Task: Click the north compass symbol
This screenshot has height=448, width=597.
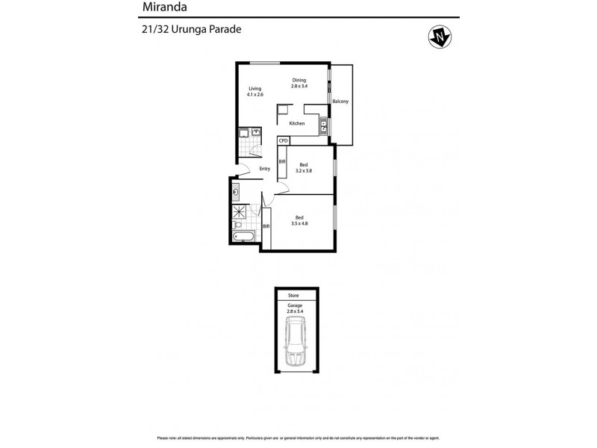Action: click(440, 35)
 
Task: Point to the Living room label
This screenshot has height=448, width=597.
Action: click(255, 88)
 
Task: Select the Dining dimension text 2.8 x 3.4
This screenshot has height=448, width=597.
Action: click(299, 87)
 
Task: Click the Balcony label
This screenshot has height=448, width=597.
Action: click(340, 102)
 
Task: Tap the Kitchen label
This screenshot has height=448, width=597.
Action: click(297, 123)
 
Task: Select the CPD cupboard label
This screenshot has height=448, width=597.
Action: click(283, 140)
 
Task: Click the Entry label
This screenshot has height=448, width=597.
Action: click(265, 169)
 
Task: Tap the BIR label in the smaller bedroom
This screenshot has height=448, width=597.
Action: click(282, 162)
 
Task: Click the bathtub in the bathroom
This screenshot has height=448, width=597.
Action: click(244, 237)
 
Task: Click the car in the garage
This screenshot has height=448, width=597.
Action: click(298, 341)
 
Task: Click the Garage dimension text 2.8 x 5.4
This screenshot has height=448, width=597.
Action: click(298, 310)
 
